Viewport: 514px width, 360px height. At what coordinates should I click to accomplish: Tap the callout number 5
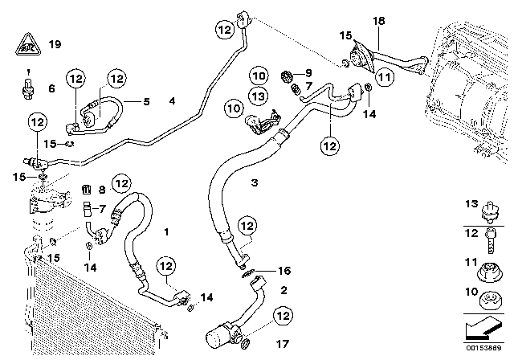coord(146,101)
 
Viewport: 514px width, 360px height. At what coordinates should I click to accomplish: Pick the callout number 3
coord(231,183)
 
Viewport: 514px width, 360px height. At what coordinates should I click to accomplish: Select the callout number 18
coord(379,19)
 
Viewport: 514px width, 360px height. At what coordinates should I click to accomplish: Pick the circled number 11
coord(385,77)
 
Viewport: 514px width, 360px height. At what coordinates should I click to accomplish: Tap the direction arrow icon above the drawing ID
coord(486,330)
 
